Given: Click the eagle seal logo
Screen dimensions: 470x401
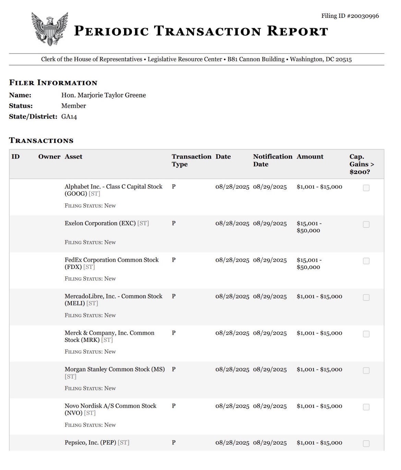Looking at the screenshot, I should coord(50,29).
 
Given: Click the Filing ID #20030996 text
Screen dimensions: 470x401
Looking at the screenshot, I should coord(350,16).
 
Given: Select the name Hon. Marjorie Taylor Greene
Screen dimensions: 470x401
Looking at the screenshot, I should coord(104,95).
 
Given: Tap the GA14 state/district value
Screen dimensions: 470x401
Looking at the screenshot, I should coord(69,117).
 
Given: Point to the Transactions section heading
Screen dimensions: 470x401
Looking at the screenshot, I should coord(41,140).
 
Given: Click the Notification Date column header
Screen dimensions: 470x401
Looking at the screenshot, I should coord(272,160).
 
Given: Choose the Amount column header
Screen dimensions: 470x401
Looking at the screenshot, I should coord(310,157).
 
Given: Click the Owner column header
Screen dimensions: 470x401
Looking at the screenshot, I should coord(49,157).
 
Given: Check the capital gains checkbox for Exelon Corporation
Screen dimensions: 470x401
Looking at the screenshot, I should coord(366,224).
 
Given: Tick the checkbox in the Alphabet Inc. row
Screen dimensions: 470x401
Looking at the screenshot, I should coord(366,188).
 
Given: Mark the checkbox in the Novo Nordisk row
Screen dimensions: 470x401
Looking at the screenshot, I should coord(366,407).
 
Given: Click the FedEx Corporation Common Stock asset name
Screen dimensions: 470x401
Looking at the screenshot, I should coord(111,260).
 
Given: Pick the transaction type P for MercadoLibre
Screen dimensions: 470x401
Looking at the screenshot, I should coord(174,296).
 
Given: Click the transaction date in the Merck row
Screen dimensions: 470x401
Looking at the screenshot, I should coord(232,333).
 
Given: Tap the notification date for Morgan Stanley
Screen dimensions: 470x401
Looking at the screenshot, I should coord(270,370).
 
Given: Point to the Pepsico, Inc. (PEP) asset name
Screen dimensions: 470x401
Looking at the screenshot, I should coord(90,443).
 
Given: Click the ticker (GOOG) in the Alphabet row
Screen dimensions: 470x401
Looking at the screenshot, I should coord(76,194).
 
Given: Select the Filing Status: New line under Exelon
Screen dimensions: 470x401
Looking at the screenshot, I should coord(90,242).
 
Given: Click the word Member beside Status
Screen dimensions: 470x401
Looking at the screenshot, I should coord(73,106).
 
